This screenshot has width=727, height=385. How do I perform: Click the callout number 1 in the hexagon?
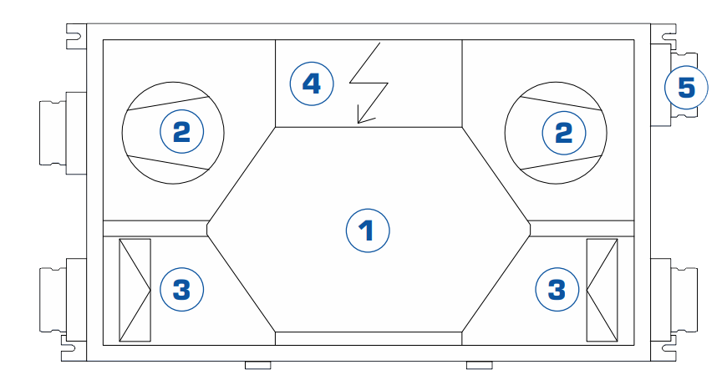(369, 230)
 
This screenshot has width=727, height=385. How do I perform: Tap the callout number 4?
(311, 84)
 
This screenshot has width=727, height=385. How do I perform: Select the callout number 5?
(686, 87)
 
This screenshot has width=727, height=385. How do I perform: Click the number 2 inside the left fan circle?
(181, 131)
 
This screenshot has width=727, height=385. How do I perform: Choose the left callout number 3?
(181, 290)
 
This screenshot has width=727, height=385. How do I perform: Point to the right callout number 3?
(556, 290)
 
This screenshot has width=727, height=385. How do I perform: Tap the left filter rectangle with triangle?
(135, 290)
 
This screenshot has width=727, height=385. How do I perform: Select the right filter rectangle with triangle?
(602, 290)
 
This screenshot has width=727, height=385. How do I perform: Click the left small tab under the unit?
(257, 366)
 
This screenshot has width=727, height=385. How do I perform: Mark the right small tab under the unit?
(479, 366)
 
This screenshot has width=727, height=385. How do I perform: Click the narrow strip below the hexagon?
(369, 337)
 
